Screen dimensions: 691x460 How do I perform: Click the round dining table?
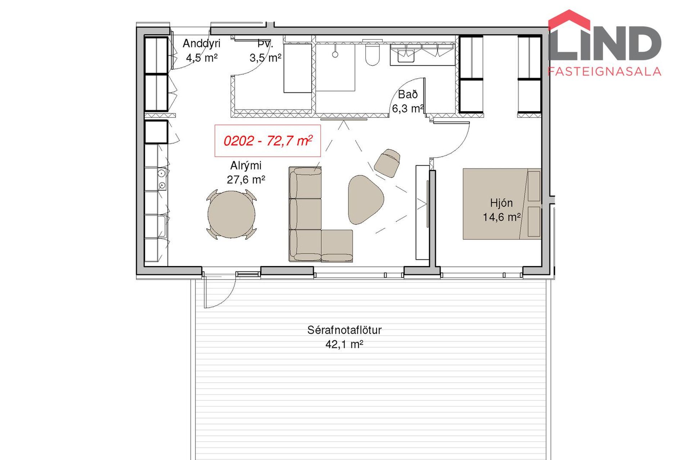tap(232, 215)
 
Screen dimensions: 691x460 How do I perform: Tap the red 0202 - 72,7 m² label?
tap(268, 141)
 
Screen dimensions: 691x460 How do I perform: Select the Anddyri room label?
tap(202, 43)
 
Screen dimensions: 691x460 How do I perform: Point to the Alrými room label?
tap(246, 166)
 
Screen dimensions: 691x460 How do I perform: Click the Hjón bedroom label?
tap(501, 203)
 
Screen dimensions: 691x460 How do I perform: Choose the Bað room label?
tap(408, 95)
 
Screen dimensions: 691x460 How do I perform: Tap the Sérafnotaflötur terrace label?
tap(344, 330)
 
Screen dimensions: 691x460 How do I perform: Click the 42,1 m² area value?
tap(344, 344)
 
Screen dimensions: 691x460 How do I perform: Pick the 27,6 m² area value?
tap(246, 179)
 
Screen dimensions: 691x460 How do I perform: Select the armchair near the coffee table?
tap(387, 163)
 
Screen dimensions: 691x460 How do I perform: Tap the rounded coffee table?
tap(365, 199)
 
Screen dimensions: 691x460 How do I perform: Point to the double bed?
tap(502, 204)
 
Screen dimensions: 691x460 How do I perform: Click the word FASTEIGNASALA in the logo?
tap(605, 72)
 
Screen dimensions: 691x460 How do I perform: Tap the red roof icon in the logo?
tap(569, 20)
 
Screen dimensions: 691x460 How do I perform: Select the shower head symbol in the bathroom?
tap(335, 54)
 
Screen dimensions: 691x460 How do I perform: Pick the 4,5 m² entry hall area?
tap(202, 57)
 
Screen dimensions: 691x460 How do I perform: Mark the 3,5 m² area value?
tap(265, 57)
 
